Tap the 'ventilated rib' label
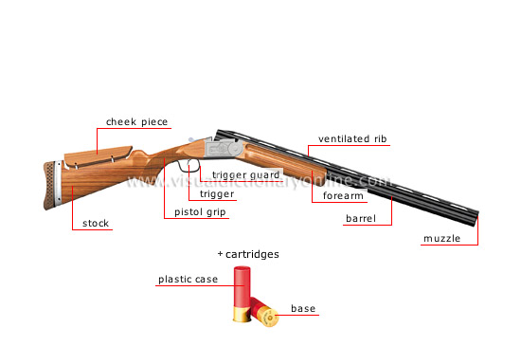pyautogui.click(x=352, y=138)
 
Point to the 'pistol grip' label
pyautogui.click(x=201, y=212)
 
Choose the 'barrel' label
pyautogui.click(x=360, y=219)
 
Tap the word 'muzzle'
pyautogui.click(x=441, y=238)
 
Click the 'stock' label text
pyautogui.click(x=96, y=224)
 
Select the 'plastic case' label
pyautogui.click(x=188, y=279)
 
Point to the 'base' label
pyautogui.click(x=304, y=309)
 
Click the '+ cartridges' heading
pyautogui.click(x=248, y=254)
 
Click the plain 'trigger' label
pyautogui.click(x=217, y=193)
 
